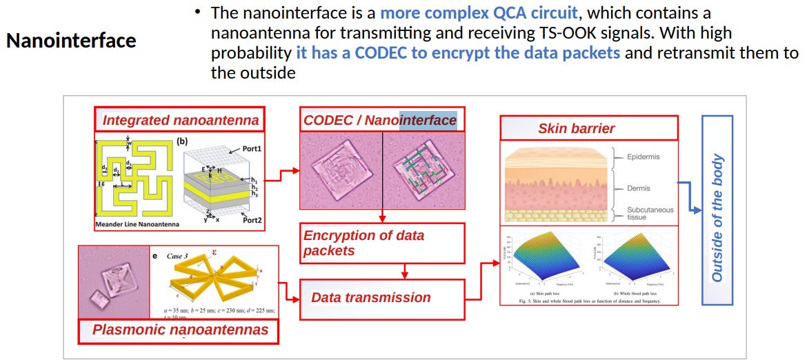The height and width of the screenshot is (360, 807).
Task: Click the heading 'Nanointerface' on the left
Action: pyautogui.click(x=71, y=41)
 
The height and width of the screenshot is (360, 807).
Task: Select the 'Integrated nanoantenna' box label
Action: pyautogui.click(x=181, y=121)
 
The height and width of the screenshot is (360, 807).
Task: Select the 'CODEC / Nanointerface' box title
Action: pyautogui.click(x=380, y=121)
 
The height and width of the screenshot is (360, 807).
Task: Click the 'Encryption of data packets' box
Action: pyautogui.click(x=381, y=243)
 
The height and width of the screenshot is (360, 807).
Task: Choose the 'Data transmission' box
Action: pyautogui.click(x=381, y=298)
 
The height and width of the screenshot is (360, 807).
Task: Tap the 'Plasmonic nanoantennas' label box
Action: pyautogui.click(x=180, y=330)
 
